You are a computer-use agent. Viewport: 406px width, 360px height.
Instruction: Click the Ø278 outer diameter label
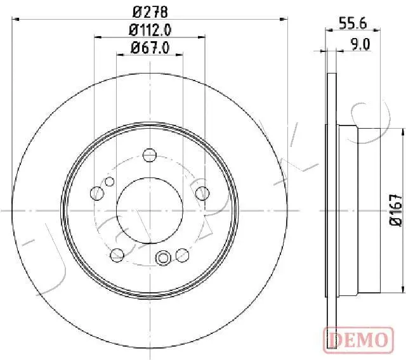click(x=150, y=12)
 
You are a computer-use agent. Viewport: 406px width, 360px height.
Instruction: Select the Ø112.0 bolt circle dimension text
click(x=150, y=30)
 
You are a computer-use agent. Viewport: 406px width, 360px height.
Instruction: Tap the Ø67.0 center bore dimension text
click(x=150, y=48)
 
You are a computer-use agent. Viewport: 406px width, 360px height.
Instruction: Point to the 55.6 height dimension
click(x=353, y=23)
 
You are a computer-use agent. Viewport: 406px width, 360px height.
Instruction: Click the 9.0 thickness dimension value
click(x=360, y=44)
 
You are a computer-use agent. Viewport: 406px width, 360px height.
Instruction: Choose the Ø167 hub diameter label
click(x=396, y=210)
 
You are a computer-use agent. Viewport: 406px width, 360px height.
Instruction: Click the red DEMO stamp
click(x=358, y=340)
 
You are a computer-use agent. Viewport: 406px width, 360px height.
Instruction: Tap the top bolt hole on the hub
click(x=150, y=155)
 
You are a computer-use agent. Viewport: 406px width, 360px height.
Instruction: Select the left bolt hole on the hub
click(x=97, y=193)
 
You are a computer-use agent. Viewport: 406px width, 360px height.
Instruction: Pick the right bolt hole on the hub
click(x=202, y=193)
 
